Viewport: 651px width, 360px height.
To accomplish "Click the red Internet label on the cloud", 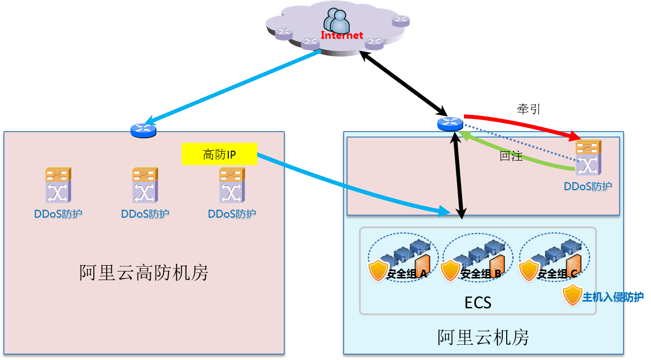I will click(x=342, y=35).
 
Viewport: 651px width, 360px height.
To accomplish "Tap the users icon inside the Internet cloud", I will click(x=336, y=21).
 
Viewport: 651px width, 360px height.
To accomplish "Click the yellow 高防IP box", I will click(x=219, y=154).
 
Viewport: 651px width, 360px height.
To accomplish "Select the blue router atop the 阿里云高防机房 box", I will click(x=143, y=130).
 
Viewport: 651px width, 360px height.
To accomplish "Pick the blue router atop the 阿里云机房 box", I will click(x=450, y=124).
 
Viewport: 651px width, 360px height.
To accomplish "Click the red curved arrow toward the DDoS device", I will click(x=520, y=122).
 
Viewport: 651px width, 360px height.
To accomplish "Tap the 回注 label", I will click(x=511, y=157).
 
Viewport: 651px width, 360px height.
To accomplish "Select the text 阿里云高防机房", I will click(x=144, y=273).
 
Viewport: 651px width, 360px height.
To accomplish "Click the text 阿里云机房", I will click(x=483, y=337).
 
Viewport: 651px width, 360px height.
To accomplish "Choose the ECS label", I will click(x=478, y=303).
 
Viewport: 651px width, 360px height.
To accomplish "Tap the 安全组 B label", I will click(x=481, y=274).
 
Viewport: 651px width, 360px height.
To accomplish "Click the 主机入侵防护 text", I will click(x=613, y=297).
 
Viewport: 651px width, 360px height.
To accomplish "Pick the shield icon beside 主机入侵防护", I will click(x=572, y=295).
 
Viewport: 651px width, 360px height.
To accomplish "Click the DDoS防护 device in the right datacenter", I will click(x=588, y=158).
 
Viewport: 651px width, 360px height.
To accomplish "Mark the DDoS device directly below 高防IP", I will click(x=232, y=185).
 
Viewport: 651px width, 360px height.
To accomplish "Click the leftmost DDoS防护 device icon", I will click(x=58, y=185).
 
